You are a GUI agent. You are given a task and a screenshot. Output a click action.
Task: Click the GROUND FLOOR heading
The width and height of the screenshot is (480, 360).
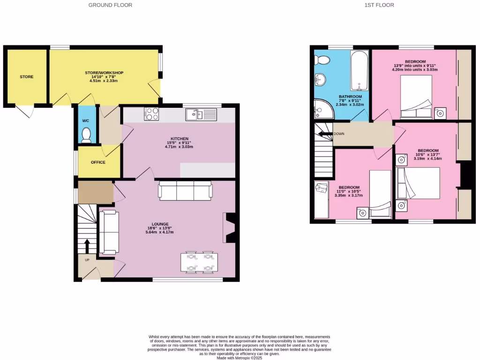click(x=110, y=5)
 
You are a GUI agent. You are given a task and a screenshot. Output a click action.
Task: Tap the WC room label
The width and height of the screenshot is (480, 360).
click(x=86, y=120)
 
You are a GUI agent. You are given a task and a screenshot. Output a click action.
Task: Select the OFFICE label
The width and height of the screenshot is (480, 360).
click(x=98, y=162)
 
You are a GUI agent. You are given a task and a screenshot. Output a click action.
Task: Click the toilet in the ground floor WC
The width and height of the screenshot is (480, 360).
click(x=86, y=135)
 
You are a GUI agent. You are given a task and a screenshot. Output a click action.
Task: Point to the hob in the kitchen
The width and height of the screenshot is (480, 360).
click(x=151, y=114)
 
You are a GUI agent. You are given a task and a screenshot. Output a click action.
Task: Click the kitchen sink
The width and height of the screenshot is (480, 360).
click(x=201, y=114)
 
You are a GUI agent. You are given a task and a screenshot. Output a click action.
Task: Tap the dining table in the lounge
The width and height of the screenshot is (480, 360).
click(x=199, y=262)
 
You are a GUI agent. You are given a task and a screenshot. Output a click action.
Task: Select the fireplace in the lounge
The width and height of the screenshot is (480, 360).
click(x=230, y=227)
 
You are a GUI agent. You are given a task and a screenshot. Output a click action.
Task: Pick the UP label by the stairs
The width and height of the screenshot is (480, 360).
click(x=87, y=260)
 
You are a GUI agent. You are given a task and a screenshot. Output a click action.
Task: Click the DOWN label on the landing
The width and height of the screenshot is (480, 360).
click(x=339, y=134)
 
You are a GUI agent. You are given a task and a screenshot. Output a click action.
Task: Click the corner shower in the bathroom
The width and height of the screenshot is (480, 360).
click(x=322, y=109)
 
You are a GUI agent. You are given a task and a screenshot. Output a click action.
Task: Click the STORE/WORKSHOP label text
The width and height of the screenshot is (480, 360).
click(x=104, y=73)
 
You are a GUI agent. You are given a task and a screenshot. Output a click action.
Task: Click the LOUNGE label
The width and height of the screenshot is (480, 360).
click(x=160, y=224)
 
